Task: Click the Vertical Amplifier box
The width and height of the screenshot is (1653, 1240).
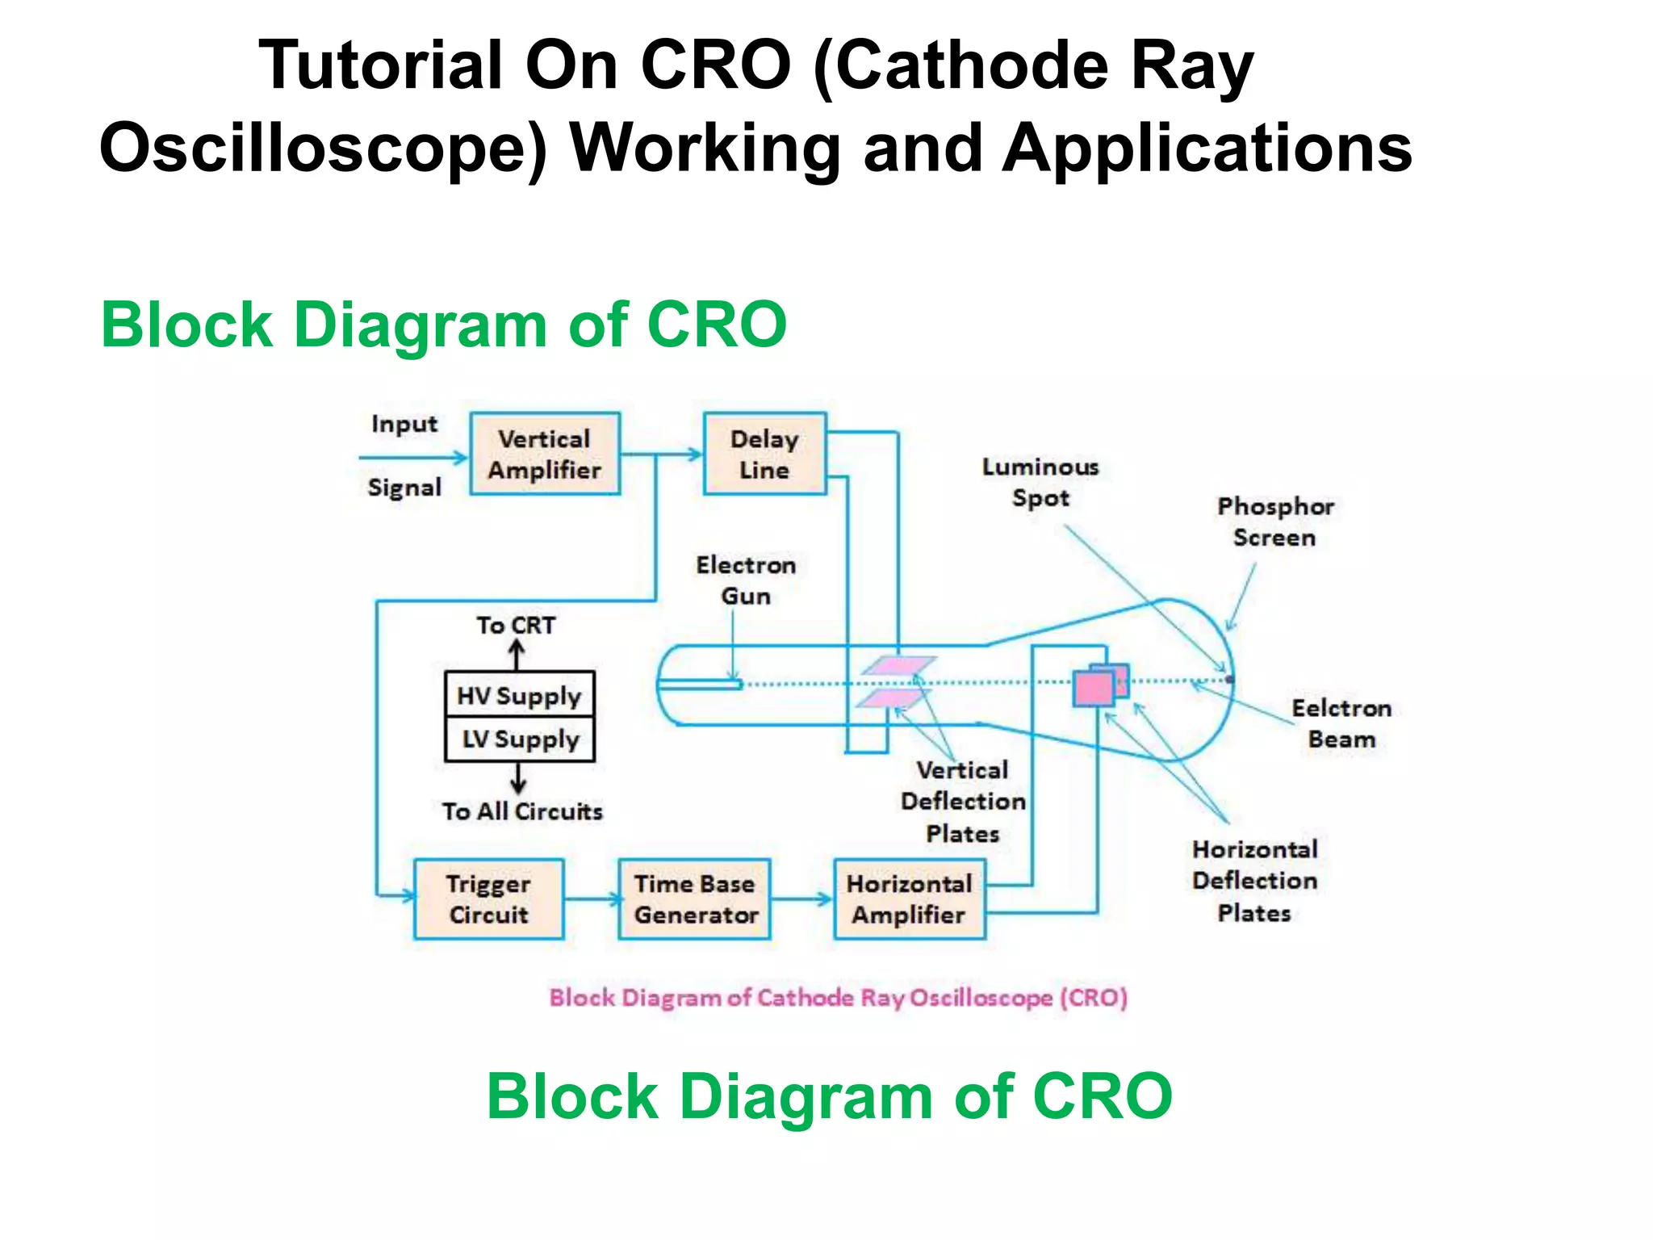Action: tap(545, 454)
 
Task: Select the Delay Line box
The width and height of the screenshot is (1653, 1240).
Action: tap(764, 454)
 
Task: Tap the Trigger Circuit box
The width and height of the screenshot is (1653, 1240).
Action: tap(488, 899)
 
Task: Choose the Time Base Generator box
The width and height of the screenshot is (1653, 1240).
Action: tap(695, 899)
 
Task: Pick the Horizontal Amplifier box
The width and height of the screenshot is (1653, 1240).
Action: tap(909, 899)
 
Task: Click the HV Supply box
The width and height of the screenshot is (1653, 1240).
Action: tap(519, 694)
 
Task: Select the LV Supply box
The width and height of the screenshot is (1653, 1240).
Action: tap(519, 739)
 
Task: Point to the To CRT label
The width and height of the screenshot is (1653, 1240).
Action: tap(516, 625)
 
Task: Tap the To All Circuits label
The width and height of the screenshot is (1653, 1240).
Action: tap(522, 811)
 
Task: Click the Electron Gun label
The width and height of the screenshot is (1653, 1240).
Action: tap(746, 580)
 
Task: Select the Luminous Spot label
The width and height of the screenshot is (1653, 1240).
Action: tap(1040, 482)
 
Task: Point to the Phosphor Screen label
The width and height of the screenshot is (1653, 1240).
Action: tap(1275, 522)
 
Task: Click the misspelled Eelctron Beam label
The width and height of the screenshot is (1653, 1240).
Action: tap(1341, 723)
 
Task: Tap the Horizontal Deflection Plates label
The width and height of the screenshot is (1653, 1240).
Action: tap(1255, 881)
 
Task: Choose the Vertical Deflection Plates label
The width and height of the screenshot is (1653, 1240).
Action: tap(963, 801)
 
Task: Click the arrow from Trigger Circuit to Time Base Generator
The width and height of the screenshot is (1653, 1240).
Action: tap(591, 898)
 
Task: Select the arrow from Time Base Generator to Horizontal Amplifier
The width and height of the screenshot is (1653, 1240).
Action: tap(801, 899)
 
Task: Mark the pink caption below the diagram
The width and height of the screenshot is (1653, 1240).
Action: tap(838, 998)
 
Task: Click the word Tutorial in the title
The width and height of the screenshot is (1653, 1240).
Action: tap(380, 65)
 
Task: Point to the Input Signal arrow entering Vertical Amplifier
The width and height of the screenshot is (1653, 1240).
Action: tap(412, 458)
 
